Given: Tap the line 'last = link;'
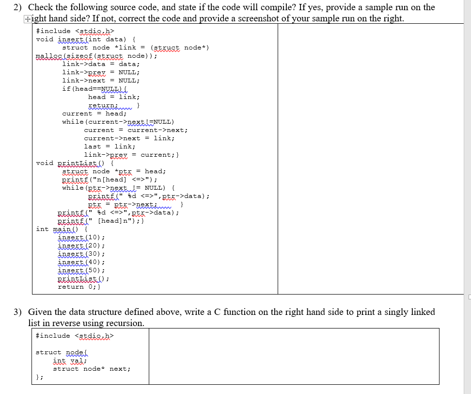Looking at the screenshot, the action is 110,147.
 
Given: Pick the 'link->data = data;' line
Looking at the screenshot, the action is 101,64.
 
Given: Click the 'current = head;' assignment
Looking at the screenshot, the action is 94,114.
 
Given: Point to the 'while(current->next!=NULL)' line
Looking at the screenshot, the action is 118,122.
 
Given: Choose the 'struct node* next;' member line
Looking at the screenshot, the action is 92,369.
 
